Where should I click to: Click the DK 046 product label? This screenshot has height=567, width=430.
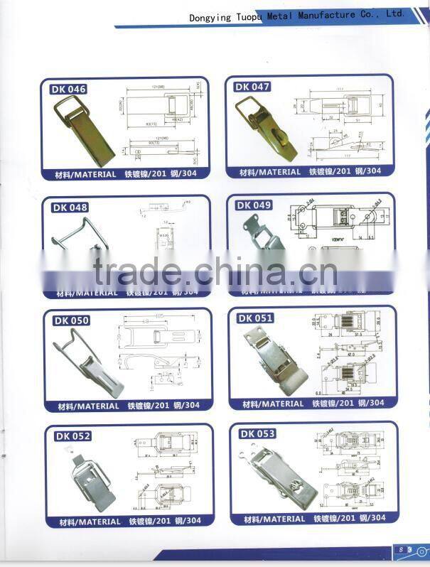point(68,90)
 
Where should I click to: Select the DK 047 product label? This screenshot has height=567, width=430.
point(252,87)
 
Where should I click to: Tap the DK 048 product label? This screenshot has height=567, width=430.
point(69,207)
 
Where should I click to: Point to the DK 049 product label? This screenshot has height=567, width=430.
point(254,205)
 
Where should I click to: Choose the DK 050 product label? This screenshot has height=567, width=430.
point(71,320)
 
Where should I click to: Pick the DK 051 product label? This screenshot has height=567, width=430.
point(256,318)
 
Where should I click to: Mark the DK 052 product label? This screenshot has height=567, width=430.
point(72,436)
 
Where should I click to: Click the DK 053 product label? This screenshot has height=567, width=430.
point(257,433)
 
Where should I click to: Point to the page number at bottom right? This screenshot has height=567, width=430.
point(402,549)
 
